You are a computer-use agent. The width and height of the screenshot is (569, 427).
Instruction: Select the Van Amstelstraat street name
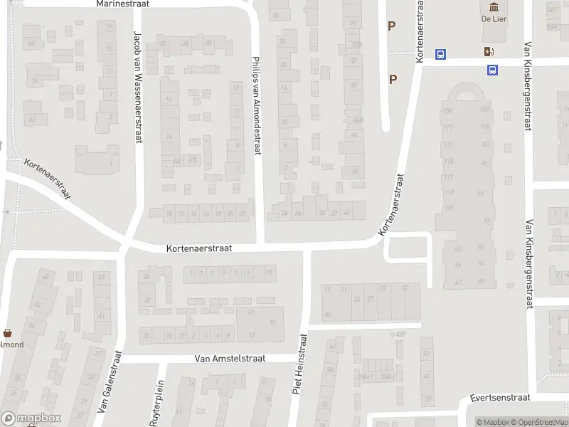click(x=230, y=359)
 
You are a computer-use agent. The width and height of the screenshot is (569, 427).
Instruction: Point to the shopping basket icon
click(x=8, y=332)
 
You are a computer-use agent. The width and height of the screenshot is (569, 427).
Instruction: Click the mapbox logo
click(x=31, y=418)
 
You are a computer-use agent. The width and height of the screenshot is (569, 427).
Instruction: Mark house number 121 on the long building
click(x=448, y=208)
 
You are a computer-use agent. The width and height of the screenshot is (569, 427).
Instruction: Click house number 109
click(x=447, y=110)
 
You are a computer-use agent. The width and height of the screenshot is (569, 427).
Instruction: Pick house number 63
click(x=251, y=334)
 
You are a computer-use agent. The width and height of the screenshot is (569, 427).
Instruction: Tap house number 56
click(x=34, y=80)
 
